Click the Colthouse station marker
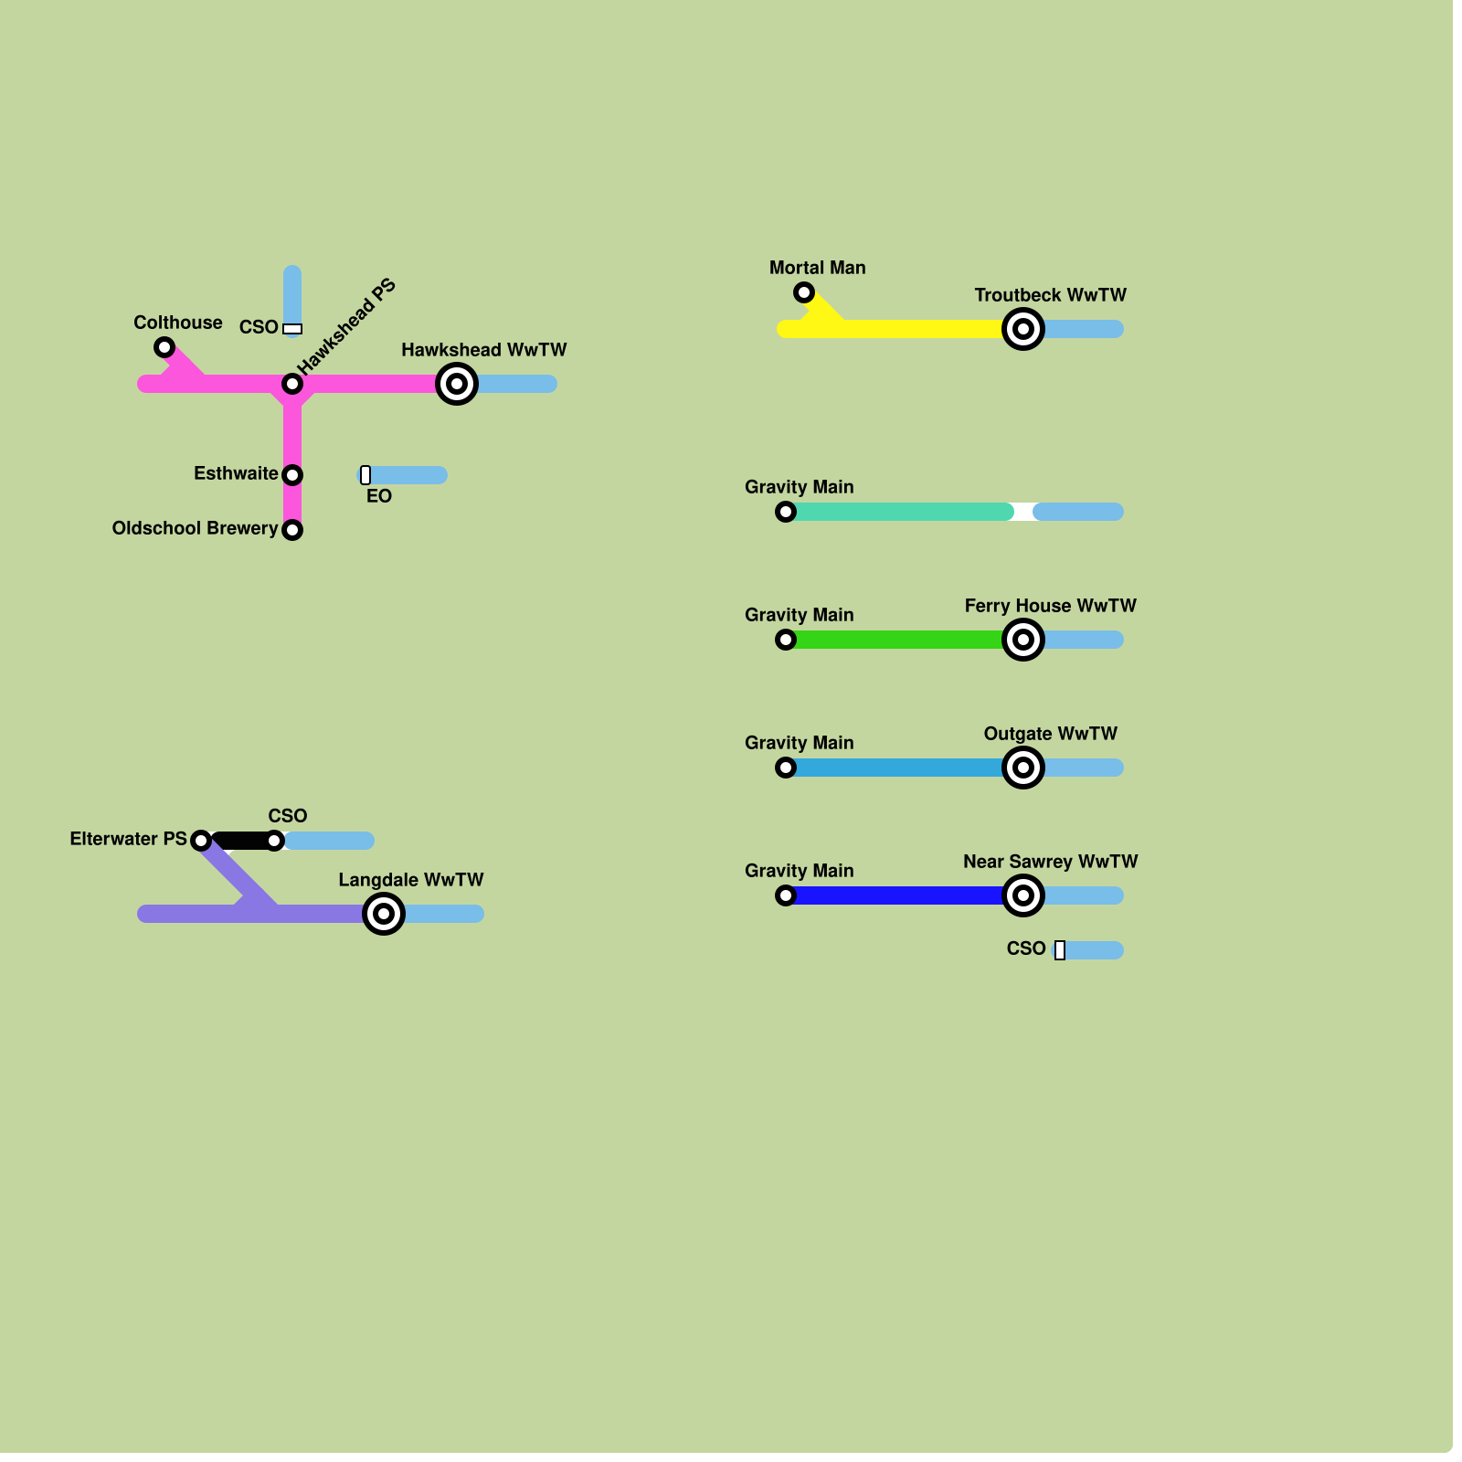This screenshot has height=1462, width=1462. coord(164,347)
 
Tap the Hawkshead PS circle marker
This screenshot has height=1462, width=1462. coord(292,384)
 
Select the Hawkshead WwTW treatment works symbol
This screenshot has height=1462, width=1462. coord(457,384)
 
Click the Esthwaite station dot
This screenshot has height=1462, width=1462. coord(292,475)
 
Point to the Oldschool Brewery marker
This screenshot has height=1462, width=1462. coord(292,530)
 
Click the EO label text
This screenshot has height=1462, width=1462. coord(379,497)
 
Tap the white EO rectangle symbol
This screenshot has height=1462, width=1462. coord(365,475)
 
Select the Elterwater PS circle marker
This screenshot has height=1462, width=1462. coord(201,841)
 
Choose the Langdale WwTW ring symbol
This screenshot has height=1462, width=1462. coord(384,914)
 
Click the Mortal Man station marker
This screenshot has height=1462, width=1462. coord(804,292)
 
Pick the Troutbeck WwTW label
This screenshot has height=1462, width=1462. coord(1050,295)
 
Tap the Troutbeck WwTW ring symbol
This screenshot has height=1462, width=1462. coord(1023,329)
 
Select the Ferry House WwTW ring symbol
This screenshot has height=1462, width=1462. coord(1023,640)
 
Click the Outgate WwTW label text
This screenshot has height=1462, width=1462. coord(1050,734)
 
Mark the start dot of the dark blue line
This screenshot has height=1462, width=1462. coord(786,895)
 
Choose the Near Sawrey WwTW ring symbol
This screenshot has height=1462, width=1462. coord(1023,895)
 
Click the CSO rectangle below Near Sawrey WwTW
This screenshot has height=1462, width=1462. coord(1060,950)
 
